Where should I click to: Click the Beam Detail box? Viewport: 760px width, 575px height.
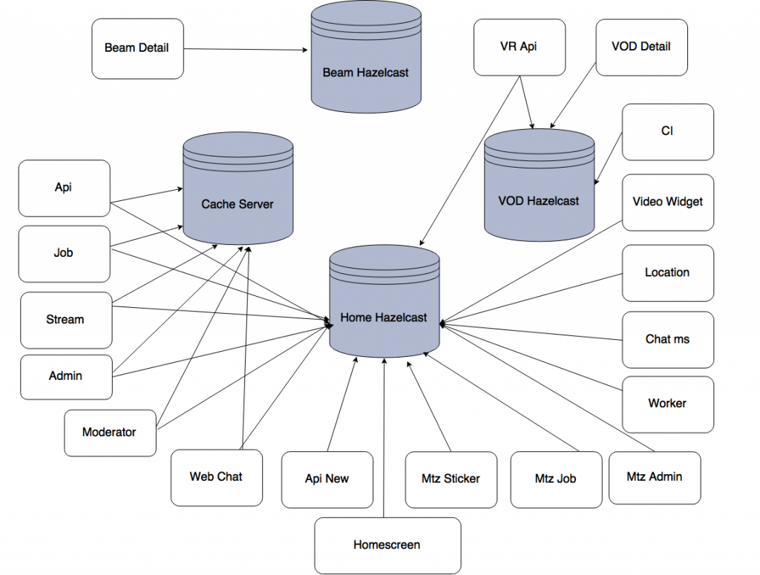coord(137,48)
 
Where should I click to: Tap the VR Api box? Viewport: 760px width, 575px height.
coord(519,46)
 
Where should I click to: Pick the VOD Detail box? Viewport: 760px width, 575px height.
coord(641,46)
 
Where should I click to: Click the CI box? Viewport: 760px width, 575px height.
coord(667,131)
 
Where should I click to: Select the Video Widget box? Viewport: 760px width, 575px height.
coord(667,202)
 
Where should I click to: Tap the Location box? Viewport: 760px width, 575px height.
coord(667,272)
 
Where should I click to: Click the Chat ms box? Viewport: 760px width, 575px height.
coord(667,339)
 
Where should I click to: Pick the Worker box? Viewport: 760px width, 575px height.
coord(667,404)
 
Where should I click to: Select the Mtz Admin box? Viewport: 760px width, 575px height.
coord(654,476)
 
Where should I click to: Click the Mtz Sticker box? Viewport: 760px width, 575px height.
coord(451,479)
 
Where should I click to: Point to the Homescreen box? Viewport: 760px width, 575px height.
coord(387,545)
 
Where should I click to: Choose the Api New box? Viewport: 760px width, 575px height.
coord(327,479)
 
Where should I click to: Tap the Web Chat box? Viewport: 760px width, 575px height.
coord(216,477)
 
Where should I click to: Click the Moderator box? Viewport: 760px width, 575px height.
coord(110,432)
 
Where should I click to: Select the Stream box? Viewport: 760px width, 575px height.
coord(65,320)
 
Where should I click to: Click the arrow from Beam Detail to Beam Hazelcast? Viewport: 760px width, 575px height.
coord(245,50)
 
